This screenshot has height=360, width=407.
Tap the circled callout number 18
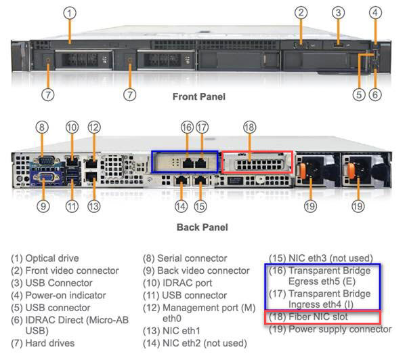click(x=250, y=127)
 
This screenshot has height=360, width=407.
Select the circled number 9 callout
click(x=43, y=207)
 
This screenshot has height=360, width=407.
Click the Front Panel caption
click(x=198, y=97)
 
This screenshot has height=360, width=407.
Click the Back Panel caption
click(x=202, y=227)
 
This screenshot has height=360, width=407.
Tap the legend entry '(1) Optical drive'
click(x=45, y=258)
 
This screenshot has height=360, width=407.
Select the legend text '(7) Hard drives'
click(x=43, y=343)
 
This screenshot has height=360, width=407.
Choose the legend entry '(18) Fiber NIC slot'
click(x=317, y=317)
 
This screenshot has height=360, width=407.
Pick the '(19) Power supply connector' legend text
click(x=330, y=329)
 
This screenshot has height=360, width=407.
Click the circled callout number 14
click(x=180, y=207)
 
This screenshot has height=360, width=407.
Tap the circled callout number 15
click(x=200, y=207)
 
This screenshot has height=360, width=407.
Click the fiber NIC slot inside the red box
click(x=257, y=163)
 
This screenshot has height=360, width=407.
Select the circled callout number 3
click(x=339, y=13)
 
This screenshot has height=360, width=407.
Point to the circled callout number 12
click(x=94, y=127)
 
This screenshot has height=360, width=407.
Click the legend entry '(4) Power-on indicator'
click(x=58, y=295)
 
